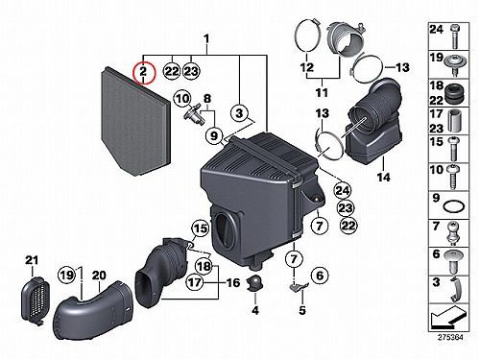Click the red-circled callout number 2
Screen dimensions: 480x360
pyautogui.click(x=143, y=73)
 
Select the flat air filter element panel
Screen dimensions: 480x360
pyautogui.click(x=135, y=121)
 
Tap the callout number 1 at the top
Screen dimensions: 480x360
pyautogui.click(x=206, y=39)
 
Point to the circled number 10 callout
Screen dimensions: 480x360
pyautogui.click(x=182, y=99)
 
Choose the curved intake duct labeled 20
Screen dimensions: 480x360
pyautogui.click(x=93, y=311)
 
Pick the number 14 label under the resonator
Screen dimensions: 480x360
pyautogui.click(x=384, y=177)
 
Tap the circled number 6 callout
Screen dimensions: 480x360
pyautogui.click(x=320, y=276)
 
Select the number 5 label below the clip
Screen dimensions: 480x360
pyautogui.click(x=302, y=310)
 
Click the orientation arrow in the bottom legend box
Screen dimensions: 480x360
pyautogui.click(x=446, y=318)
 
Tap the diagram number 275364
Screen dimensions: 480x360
pyautogui.click(x=450, y=337)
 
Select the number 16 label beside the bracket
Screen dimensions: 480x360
pyautogui.click(x=233, y=282)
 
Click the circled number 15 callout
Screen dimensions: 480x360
pyautogui.click(x=200, y=228)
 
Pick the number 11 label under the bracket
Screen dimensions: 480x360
pyautogui.click(x=322, y=92)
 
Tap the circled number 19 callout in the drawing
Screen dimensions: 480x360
pyautogui.click(x=66, y=275)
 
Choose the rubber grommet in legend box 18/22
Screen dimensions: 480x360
pyautogui.click(x=453, y=93)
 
